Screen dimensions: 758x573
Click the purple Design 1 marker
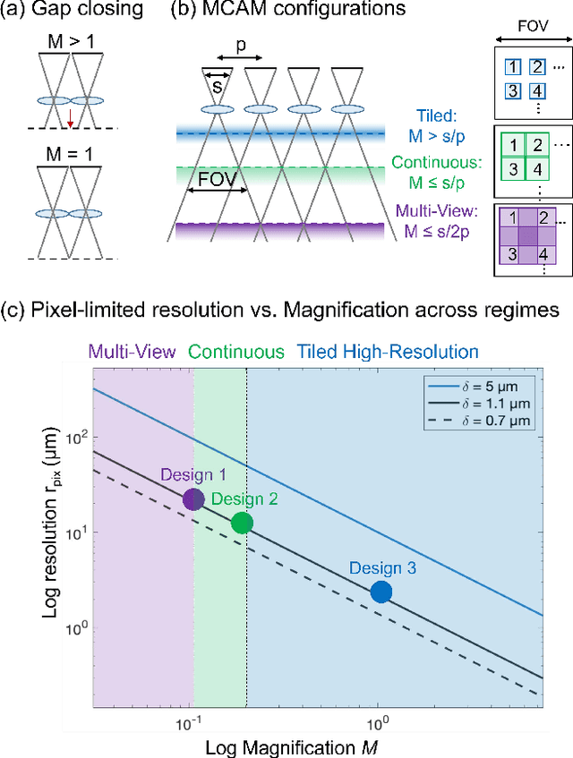(194, 499)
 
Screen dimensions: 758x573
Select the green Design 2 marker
(241, 524)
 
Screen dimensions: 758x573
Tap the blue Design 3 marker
(381, 592)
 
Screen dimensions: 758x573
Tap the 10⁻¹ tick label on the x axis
(187, 721)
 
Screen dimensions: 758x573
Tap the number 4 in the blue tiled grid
(536, 92)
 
